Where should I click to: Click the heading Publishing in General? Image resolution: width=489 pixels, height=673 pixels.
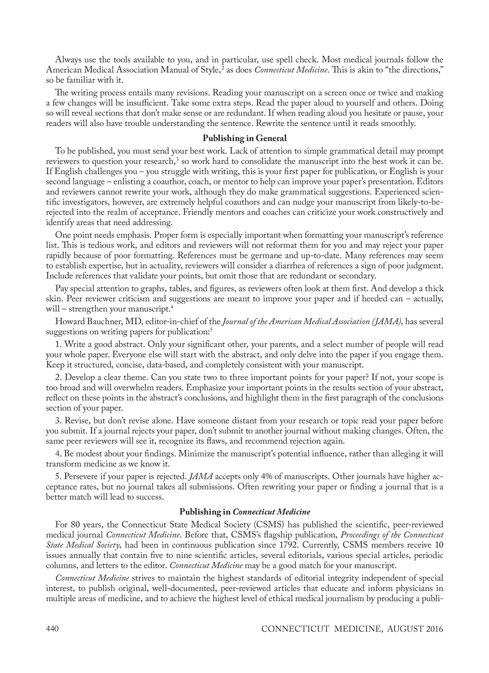pos(244,138)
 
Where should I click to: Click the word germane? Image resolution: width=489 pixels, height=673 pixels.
pos(245,256)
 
